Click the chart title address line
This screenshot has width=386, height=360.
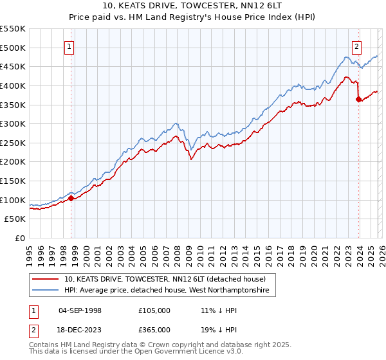pyautogui.click(x=193, y=6)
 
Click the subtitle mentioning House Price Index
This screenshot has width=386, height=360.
pyautogui.click(x=193, y=17)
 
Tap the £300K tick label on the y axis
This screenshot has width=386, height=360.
pyautogui.click(x=13, y=123)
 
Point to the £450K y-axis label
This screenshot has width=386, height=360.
pyautogui.click(x=13, y=66)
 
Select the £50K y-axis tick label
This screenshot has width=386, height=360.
pyautogui.click(x=15, y=219)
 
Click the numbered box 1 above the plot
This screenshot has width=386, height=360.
pyautogui.click(x=69, y=46)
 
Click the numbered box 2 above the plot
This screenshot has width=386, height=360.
pyautogui.click(x=356, y=46)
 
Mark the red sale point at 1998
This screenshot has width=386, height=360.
pyautogui.click(x=71, y=198)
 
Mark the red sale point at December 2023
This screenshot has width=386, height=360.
pyautogui.click(x=358, y=99)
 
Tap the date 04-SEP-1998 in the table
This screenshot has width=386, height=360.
pyautogui.click(x=80, y=310)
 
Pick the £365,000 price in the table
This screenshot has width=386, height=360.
pyautogui.click(x=154, y=329)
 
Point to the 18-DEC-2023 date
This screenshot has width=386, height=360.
pyautogui.click(x=80, y=329)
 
